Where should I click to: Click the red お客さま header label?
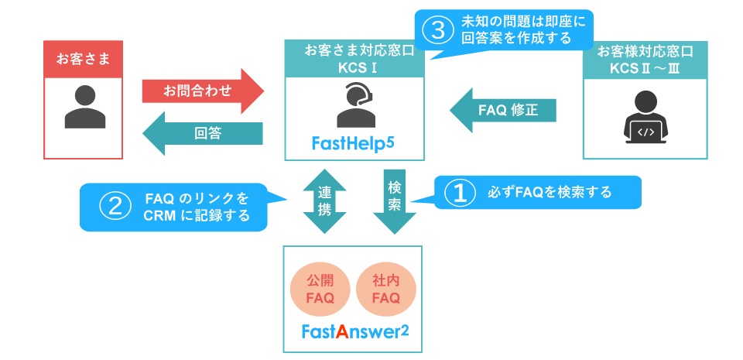[83, 58]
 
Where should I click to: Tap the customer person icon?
[84, 108]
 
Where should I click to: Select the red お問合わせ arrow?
[203, 91]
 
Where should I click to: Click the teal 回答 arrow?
[203, 133]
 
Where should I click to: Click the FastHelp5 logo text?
[354, 142]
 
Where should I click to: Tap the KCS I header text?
[355, 67]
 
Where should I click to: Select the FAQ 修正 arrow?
[504, 110]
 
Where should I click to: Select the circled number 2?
[115, 206]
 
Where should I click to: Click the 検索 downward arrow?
[395, 199]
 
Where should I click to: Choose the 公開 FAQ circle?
[320, 290]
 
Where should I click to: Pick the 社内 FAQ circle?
[386, 290]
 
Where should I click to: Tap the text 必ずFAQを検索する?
[550, 192]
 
